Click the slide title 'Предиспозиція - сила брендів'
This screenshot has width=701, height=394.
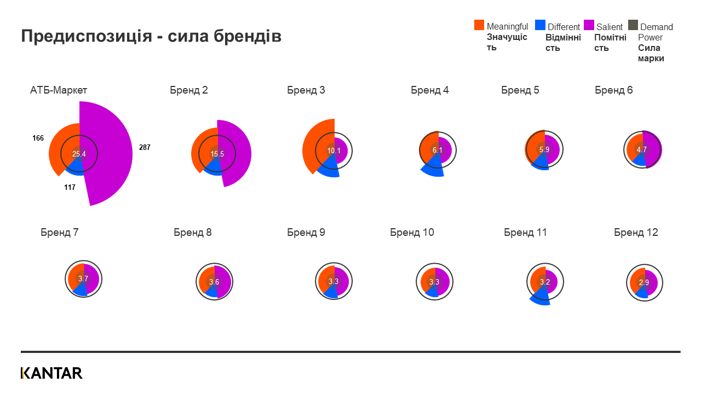151,36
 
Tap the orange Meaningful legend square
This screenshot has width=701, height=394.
479,25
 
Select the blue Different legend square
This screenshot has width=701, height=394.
540,25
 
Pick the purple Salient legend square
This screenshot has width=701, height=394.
589,25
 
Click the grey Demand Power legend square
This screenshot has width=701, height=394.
633,25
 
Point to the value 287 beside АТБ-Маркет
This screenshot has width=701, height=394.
144,148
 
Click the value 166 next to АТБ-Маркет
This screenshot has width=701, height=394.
38,138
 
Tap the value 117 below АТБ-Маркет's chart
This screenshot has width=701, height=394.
70,187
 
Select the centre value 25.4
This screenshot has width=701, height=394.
79,154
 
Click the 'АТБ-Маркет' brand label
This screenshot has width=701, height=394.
59,90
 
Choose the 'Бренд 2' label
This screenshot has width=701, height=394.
189,90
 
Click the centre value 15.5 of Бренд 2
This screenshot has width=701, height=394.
217,154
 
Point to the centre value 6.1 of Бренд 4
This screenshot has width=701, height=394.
438,150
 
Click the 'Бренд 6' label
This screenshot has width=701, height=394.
614,90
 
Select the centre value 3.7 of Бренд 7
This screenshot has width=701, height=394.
83,279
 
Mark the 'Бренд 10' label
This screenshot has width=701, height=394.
412,233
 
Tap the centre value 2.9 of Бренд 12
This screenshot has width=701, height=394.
644,283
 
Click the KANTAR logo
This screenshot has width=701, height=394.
51,373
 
